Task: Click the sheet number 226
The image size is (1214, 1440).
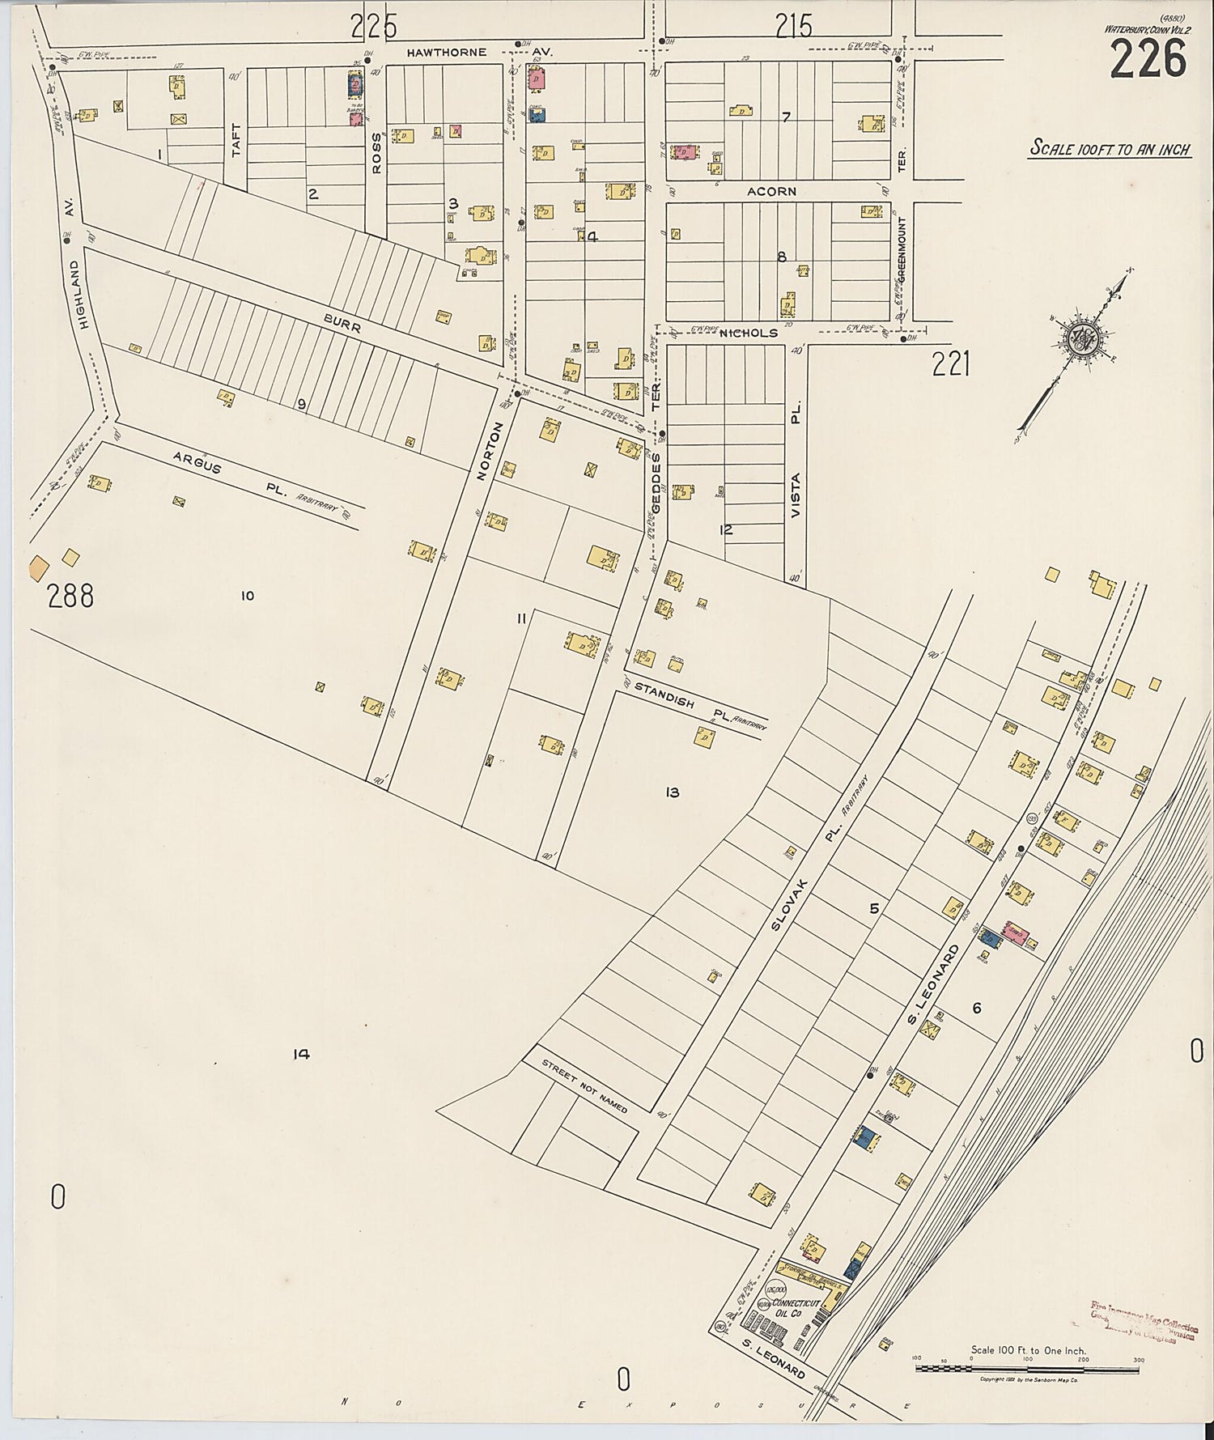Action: point(1148,59)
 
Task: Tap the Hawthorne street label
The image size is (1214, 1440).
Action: point(446,53)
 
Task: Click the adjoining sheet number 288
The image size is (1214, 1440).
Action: point(70,596)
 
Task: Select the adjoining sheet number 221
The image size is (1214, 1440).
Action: point(950,366)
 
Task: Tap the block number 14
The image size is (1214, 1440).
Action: point(302,1054)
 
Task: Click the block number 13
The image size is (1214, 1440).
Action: point(672,792)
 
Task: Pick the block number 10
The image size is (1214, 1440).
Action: point(247,596)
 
